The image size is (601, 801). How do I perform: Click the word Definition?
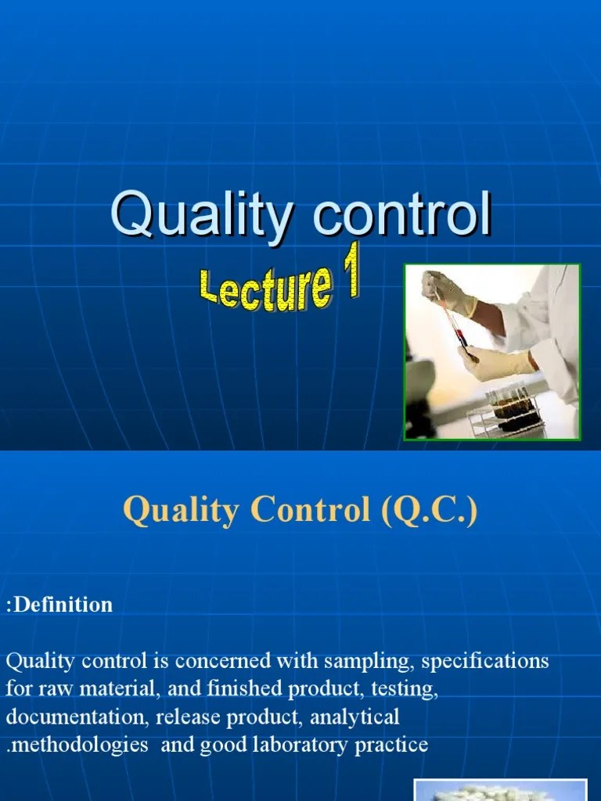[63, 605]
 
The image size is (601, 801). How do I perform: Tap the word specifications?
[485, 661]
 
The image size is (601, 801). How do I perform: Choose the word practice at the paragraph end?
[391, 745]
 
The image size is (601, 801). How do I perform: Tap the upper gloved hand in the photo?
[448, 293]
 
